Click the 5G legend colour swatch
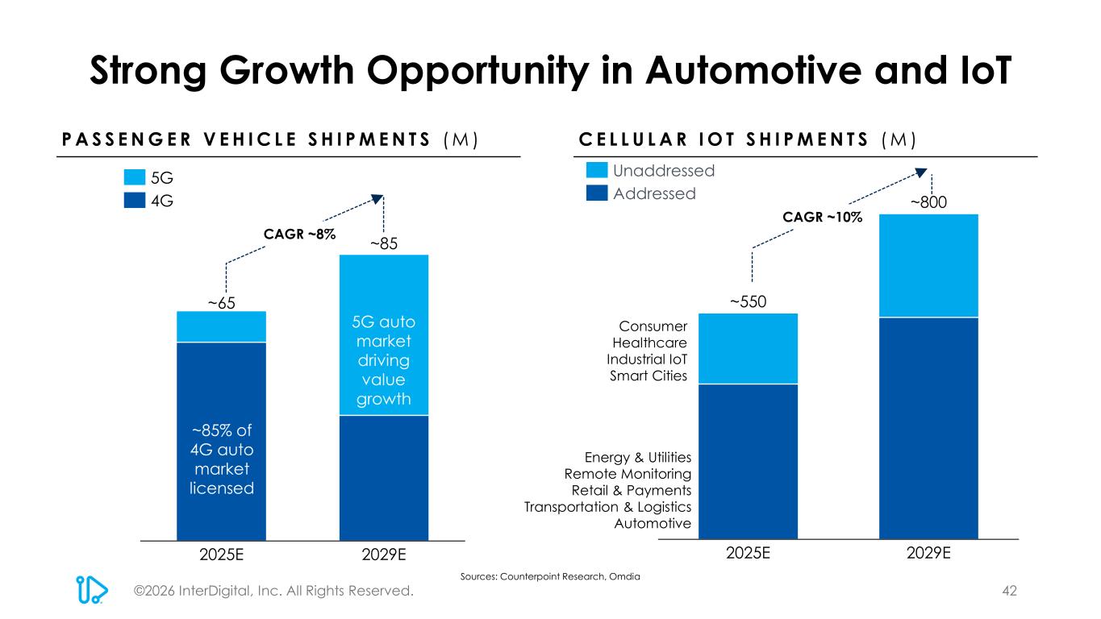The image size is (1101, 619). [x=135, y=177]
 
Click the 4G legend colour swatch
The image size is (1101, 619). [x=135, y=200]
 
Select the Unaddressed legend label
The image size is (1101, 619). [x=664, y=171]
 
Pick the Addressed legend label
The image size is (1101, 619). [x=654, y=193]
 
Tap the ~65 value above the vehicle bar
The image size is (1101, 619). [x=221, y=302]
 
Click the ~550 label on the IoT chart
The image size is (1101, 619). [x=748, y=301]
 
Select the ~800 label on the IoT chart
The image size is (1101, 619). [x=928, y=204]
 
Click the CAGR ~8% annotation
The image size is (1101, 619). [x=299, y=233]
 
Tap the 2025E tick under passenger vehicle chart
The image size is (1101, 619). [x=221, y=555]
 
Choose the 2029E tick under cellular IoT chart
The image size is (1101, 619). [x=928, y=554]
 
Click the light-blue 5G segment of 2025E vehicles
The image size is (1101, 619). [x=221, y=327]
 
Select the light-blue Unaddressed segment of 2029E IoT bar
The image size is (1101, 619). [x=928, y=266]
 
